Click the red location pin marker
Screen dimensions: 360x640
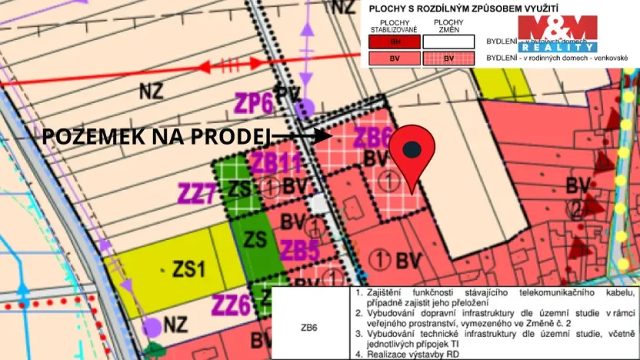coord(413,152)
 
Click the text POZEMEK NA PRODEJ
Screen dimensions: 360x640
coord(155,137)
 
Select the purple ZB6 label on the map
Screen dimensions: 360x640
coord(372,138)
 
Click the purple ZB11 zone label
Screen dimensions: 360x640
coord(275,163)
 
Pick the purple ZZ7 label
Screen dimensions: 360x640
coord(197,192)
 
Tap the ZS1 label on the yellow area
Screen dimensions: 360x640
coord(188,269)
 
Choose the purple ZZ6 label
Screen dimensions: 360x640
coord(232,305)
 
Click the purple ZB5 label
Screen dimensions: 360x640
coord(299,250)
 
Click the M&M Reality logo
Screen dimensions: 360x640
coord(556,33)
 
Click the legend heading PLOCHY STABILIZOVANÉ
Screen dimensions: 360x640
coord(393,26)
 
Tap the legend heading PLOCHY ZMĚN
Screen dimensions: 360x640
coord(448,26)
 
